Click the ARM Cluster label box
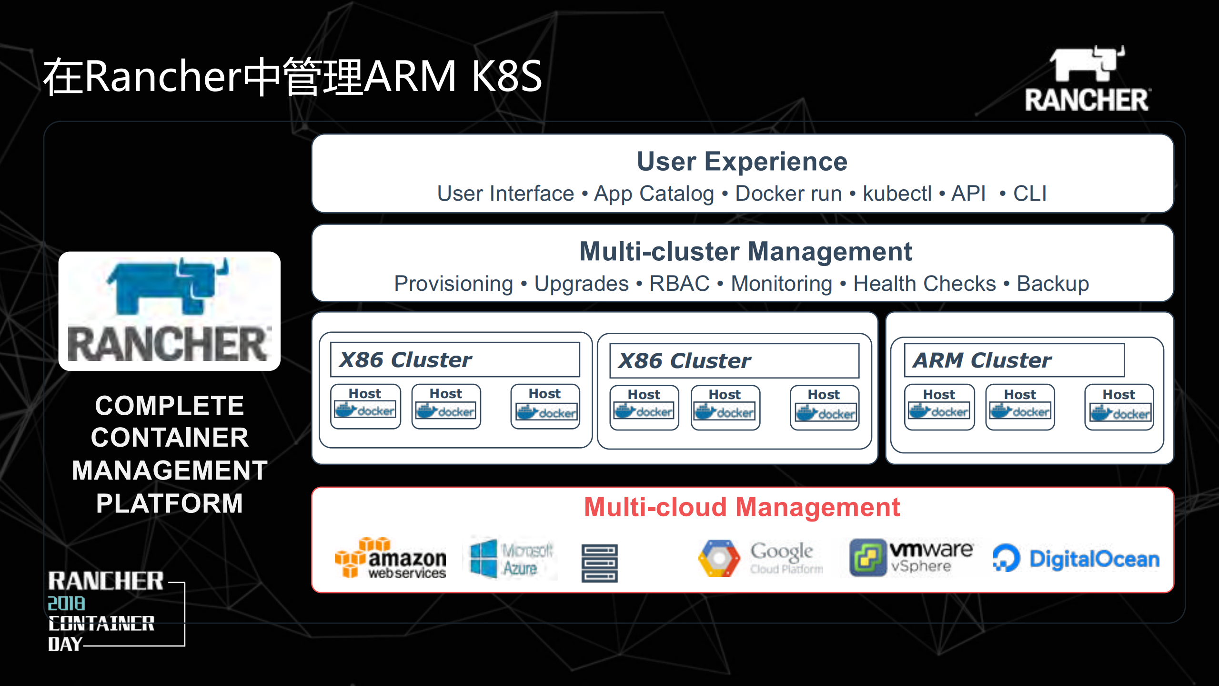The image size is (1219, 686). click(1014, 360)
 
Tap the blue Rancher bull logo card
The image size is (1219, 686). click(169, 311)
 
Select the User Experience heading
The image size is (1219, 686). click(742, 162)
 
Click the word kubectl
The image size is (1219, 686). click(897, 194)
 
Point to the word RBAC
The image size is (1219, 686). click(679, 284)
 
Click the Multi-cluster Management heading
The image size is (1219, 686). click(745, 252)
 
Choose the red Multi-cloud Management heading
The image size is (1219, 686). click(742, 507)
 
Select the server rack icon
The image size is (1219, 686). click(599, 563)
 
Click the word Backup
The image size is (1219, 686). click(1053, 284)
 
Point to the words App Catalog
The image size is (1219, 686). click(654, 194)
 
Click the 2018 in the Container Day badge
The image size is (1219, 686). click(66, 604)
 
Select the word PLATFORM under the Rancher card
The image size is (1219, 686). click(170, 503)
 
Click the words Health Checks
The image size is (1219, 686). click(924, 284)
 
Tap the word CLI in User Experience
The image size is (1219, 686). click(1029, 194)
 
